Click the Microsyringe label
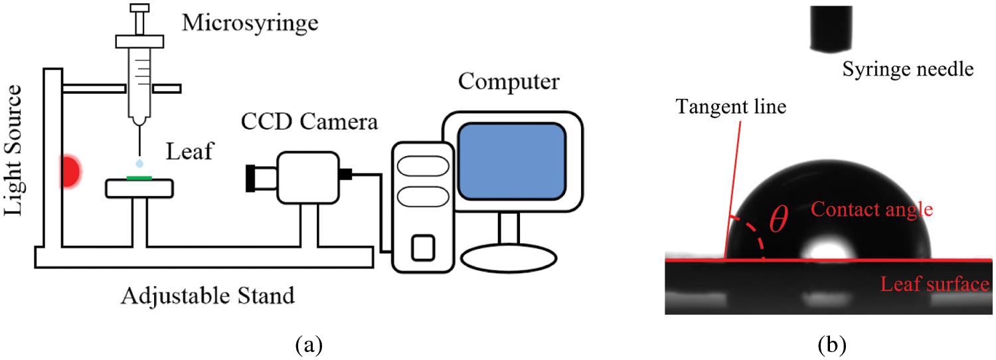pyautogui.click(x=250, y=24)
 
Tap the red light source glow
pyautogui.click(x=70, y=171)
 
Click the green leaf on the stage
pyautogui.click(x=139, y=177)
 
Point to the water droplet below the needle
pyautogui.click(x=139, y=163)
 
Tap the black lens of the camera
pyautogui.click(x=251, y=178)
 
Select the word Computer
pyautogui.click(x=509, y=82)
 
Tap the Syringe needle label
pyautogui.click(x=908, y=69)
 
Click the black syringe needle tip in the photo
pyautogui.click(x=831, y=30)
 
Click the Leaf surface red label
pyautogui.click(x=934, y=285)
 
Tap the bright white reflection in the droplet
pyautogui.click(x=825, y=250)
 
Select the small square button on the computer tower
pyautogui.click(x=422, y=248)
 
